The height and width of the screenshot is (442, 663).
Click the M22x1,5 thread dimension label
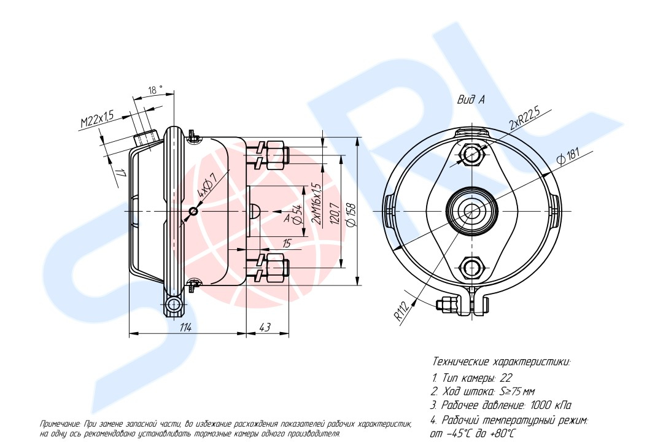[x=98, y=118]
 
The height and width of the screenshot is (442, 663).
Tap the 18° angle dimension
[x=155, y=90]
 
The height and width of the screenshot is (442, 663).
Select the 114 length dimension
[x=185, y=327]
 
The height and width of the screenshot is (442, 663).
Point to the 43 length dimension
[x=265, y=327]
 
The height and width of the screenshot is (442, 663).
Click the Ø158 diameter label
[x=351, y=216]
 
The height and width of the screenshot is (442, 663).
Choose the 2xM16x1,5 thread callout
[x=316, y=203]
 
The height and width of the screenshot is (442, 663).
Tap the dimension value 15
[x=286, y=244]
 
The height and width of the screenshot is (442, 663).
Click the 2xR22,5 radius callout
[x=525, y=118]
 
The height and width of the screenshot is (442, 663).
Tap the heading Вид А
[x=471, y=100]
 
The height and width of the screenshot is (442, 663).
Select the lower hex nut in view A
[x=470, y=266]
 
